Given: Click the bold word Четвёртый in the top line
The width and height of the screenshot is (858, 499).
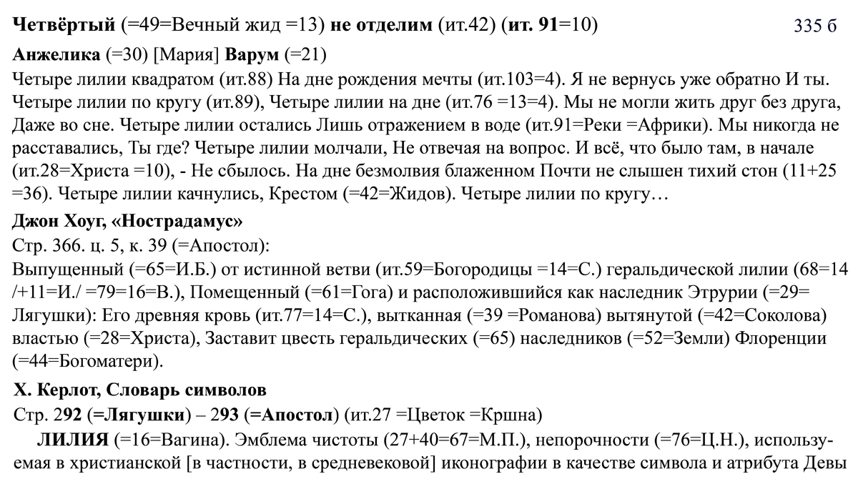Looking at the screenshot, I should pyautogui.click(x=64, y=26).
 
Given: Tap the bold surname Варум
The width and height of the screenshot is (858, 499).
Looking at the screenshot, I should pyautogui.click(x=252, y=54).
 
